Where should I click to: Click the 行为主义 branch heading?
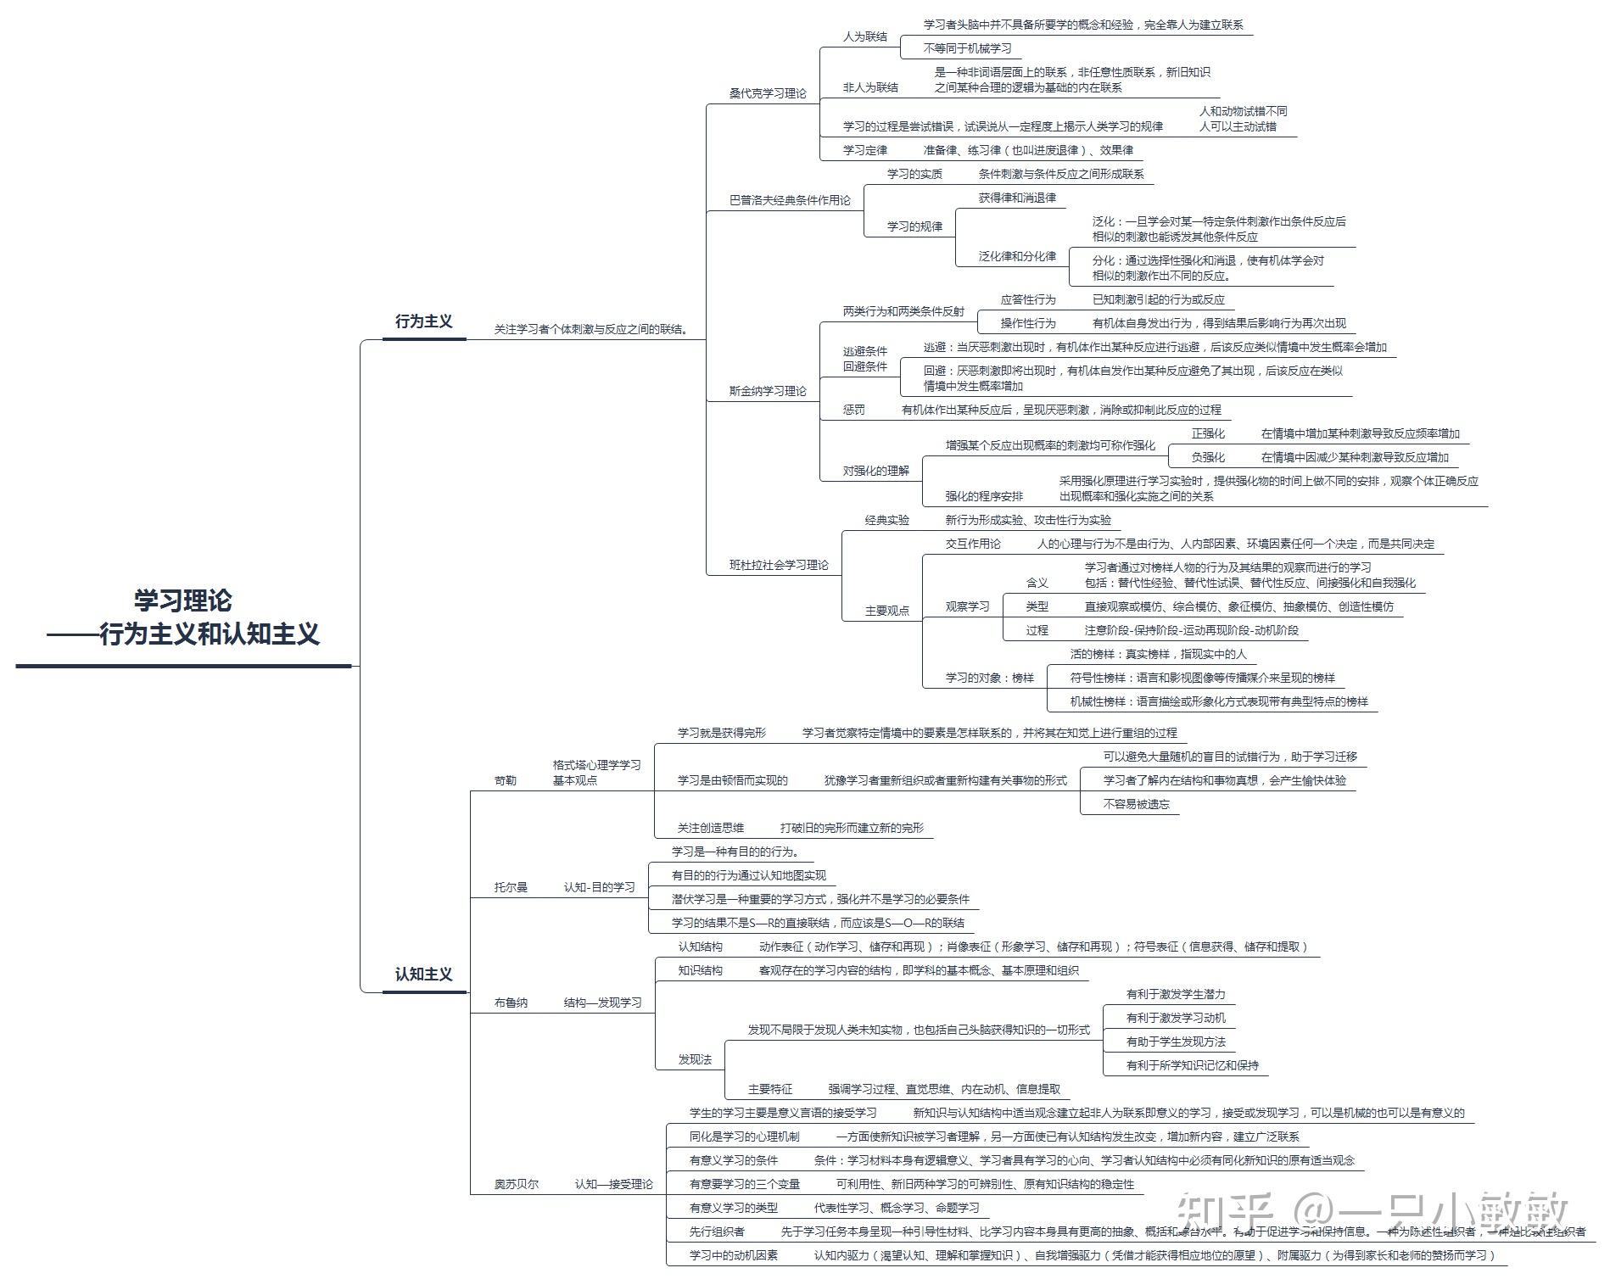pyautogui.click(x=423, y=321)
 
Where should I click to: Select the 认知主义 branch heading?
pyautogui.click(x=423, y=975)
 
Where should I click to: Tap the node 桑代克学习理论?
pyautogui.click(x=768, y=93)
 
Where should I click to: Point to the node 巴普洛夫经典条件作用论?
pyautogui.click(x=790, y=200)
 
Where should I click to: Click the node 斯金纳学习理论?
pyautogui.click(x=768, y=391)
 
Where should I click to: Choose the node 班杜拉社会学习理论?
pyautogui.click(x=779, y=565)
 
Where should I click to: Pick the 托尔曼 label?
pyautogui.click(x=511, y=887)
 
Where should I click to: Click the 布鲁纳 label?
pyautogui.click(x=511, y=1003)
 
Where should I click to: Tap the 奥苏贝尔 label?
pyautogui.click(x=516, y=1184)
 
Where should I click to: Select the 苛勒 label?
pyautogui.click(x=505, y=780)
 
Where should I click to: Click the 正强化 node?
pyautogui.click(x=1208, y=433)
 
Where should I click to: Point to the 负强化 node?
pyautogui.click(x=1208, y=457)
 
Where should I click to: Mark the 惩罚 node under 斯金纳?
pyautogui.click(x=854, y=410)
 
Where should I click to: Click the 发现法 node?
pyautogui.click(x=695, y=1059)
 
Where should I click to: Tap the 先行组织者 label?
pyautogui.click(x=717, y=1232)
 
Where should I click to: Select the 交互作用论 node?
pyautogui.click(x=973, y=544)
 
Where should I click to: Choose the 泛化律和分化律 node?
pyautogui.click(x=1017, y=256)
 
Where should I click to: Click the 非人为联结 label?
pyautogui.click(x=870, y=87)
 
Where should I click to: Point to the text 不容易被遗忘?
pyautogui.click(x=1136, y=804)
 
